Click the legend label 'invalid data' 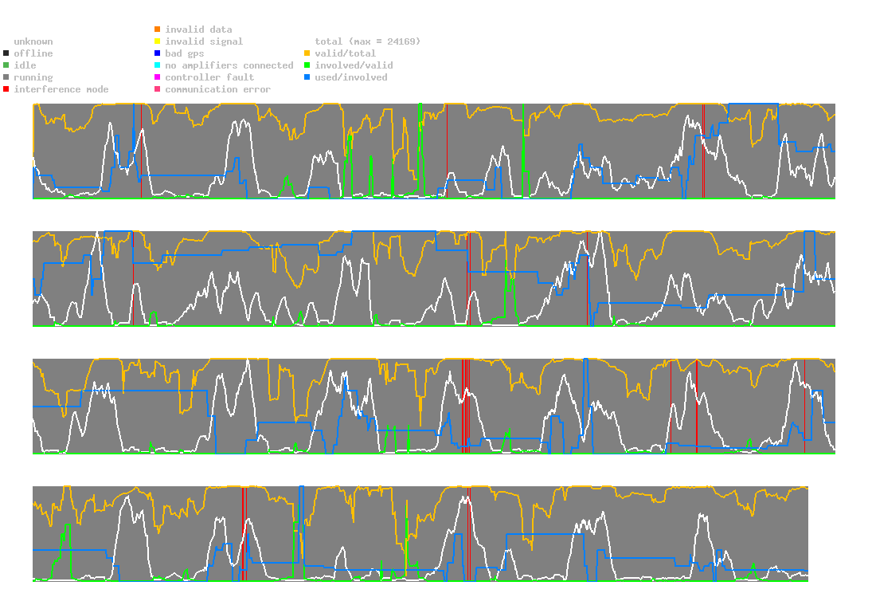pos(198,29)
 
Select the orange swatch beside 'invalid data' pos(158,29)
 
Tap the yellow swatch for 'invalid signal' pos(158,41)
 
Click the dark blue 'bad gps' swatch pos(158,53)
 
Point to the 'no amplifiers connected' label pos(229,65)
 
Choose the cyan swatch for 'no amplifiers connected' pos(158,65)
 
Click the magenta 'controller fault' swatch pos(158,77)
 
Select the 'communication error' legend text pos(218,89)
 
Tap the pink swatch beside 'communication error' pos(158,89)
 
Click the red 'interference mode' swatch pos(6,89)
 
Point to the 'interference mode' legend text pos(61,89)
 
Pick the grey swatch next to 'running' pos(6,77)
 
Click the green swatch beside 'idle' pos(6,65)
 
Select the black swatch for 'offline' pos(6,53)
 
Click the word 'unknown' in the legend pos(33,41)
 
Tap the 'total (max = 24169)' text pos(368,41)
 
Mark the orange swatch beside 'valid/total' pos(307,53)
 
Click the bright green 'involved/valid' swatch pos(307,65)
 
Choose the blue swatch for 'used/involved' pos(307,77)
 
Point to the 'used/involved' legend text pos(351,77)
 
